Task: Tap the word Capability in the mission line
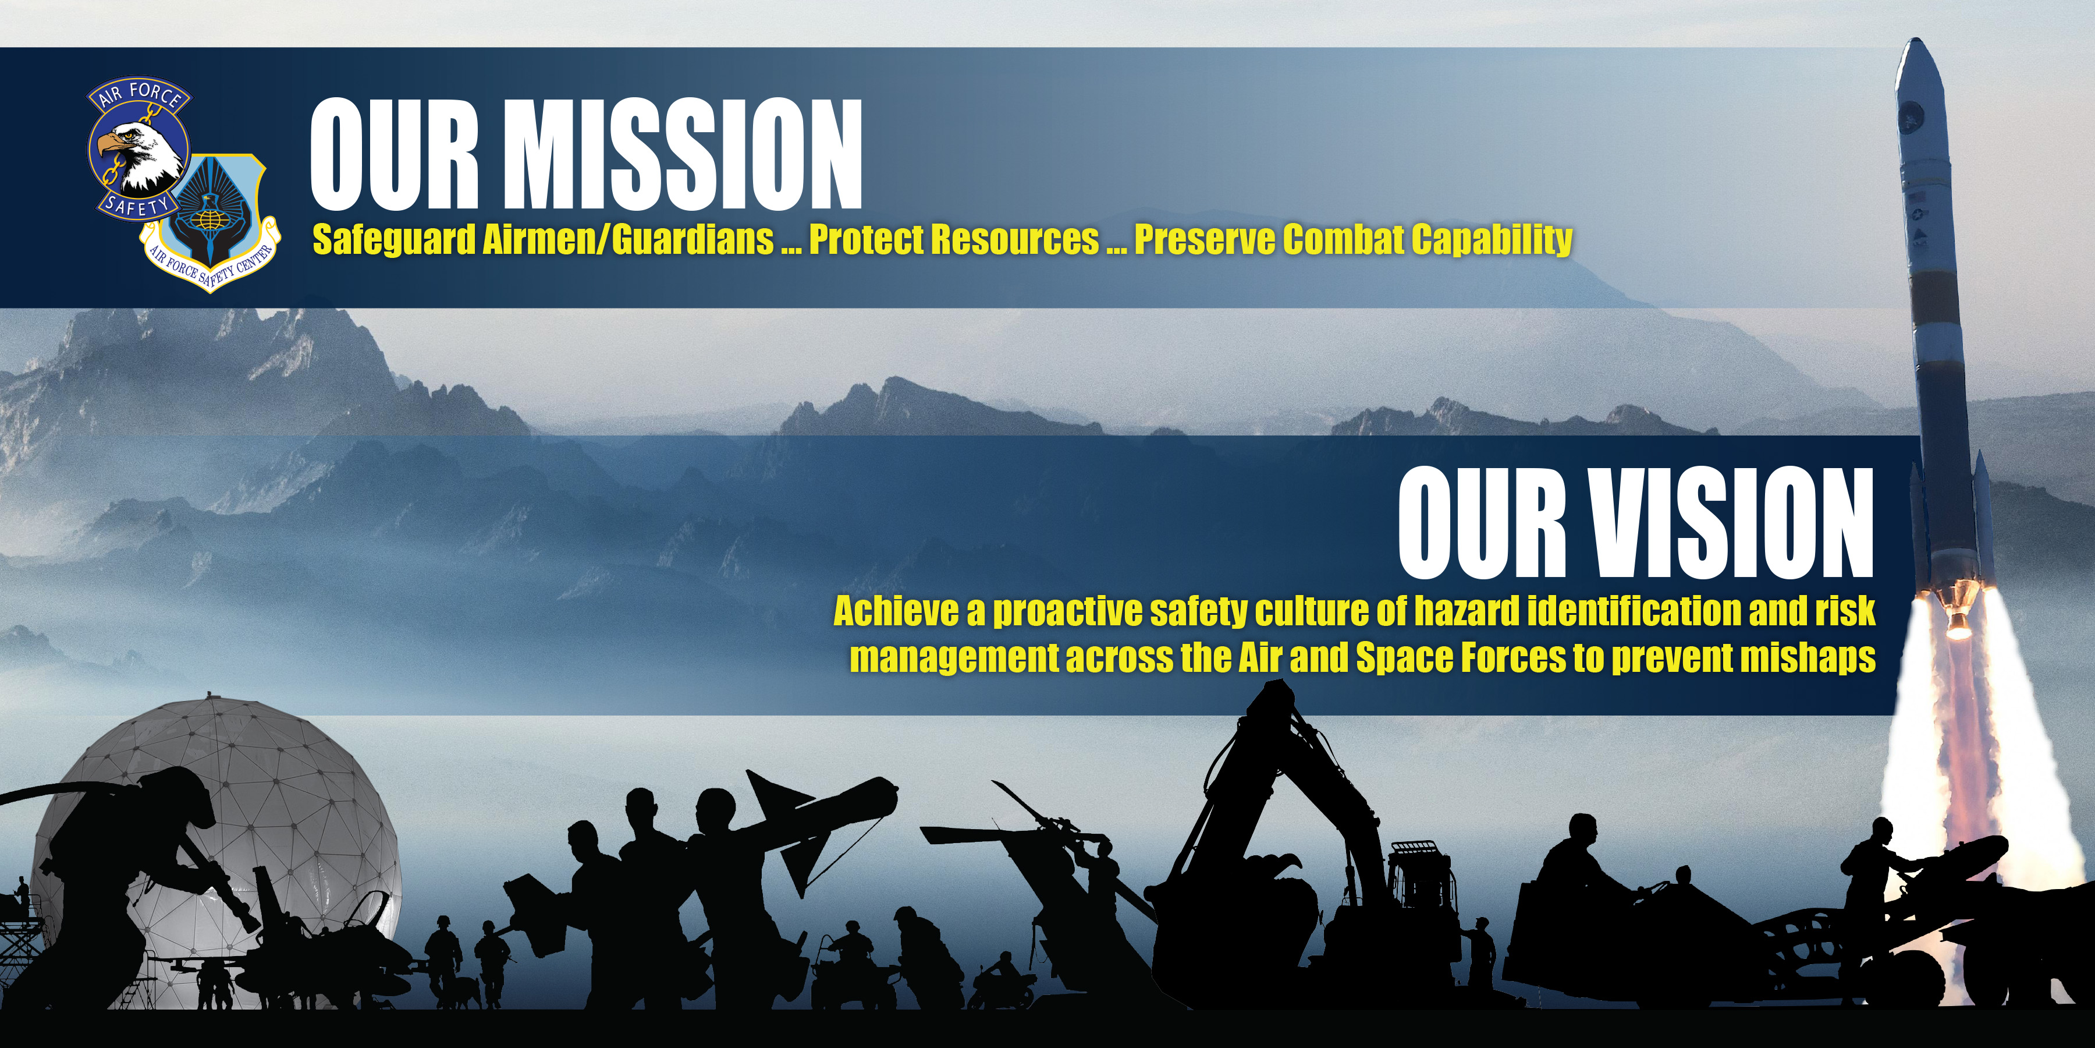point(1492,240)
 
